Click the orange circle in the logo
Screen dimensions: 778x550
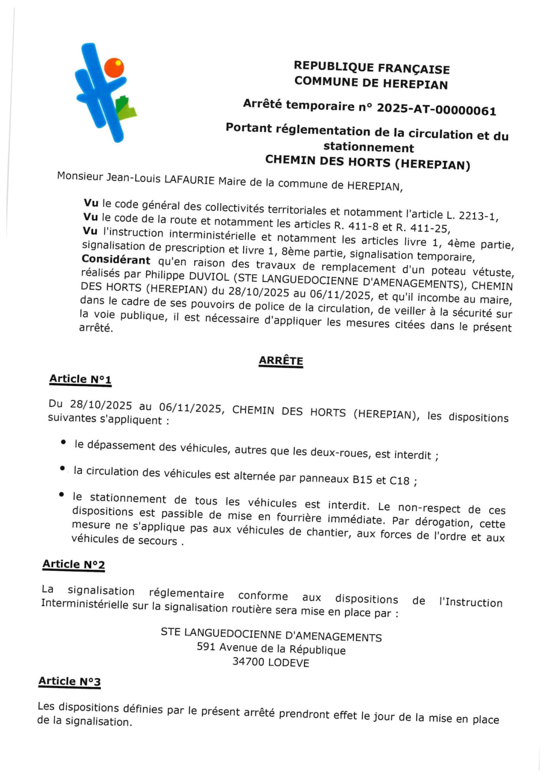click(114, 68)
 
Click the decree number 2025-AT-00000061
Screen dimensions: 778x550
click(436, 110)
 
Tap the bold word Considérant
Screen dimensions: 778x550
click(116, 260)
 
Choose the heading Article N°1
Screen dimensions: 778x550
click(80, 379)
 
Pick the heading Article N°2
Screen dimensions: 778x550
click(73, 565)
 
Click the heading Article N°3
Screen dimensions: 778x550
click(70, 682)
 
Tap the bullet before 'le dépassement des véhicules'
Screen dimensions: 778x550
click(63, 442)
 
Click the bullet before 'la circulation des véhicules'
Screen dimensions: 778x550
click(62, 469)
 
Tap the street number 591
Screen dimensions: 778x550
click(206, 647)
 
